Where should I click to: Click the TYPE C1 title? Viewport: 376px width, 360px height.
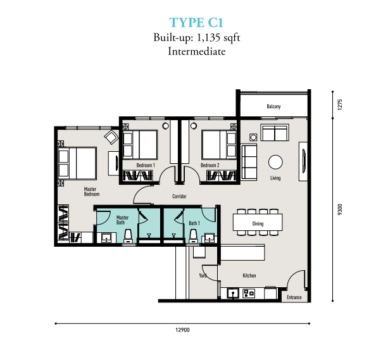coord(196,23)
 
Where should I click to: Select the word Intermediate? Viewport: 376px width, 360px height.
coord(197,51)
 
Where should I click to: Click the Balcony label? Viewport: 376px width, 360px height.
coord(273,106)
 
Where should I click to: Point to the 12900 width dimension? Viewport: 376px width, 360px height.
coord(182,330)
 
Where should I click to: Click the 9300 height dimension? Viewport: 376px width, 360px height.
coord(340,209)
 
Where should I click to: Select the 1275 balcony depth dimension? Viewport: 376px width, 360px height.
coord(340,104)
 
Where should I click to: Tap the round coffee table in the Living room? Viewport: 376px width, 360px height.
coord(275,162)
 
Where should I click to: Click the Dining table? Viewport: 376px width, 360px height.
coord(258,222)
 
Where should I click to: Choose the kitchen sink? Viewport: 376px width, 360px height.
coord(233,293)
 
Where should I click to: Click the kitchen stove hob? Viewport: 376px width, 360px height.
coord(249,293)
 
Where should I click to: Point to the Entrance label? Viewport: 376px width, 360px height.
coord(294,297)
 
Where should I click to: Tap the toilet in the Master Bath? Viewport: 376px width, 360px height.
coord(128,237)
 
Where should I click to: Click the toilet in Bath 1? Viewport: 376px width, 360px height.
coord(193,237)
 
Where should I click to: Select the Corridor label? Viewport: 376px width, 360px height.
coord(179,196)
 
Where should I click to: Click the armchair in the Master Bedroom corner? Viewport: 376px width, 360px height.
coord(111,137)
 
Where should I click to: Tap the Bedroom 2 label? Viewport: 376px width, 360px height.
coord(210,165)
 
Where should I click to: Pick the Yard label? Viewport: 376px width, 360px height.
coord(203,276)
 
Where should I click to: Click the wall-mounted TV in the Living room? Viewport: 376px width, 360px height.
coord(304,161)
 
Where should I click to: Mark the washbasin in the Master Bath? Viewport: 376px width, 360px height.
coord(106,238)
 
